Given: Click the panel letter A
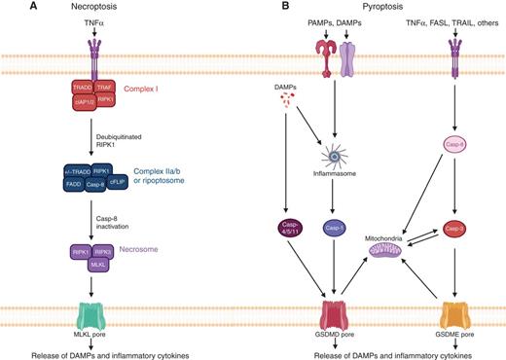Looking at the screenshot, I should click(x=9, y=8).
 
